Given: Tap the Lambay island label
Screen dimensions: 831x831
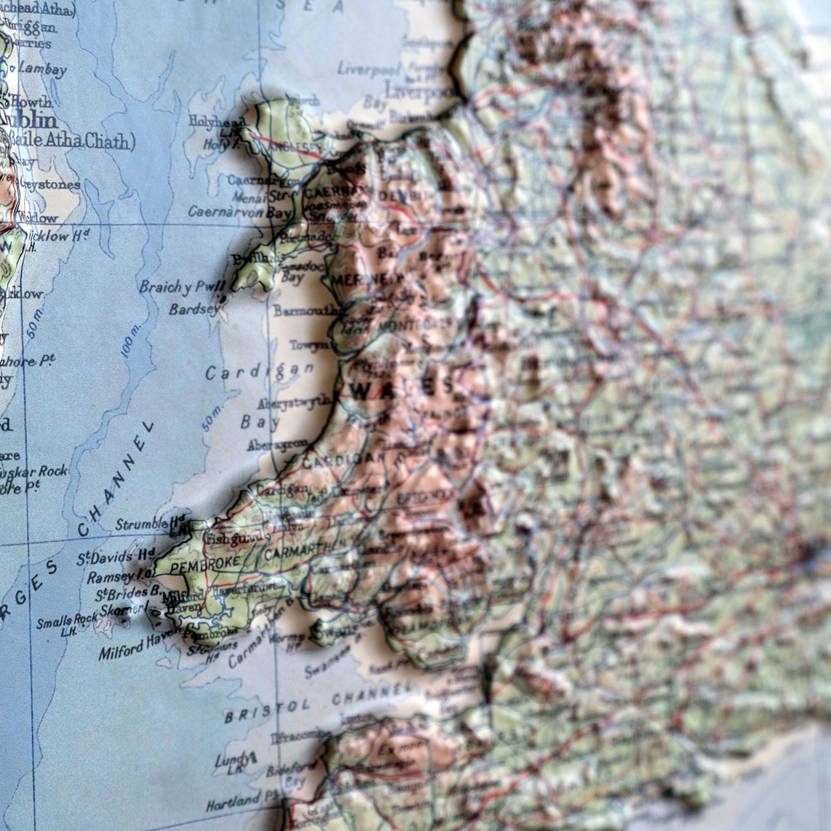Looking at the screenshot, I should pyautogui.click(x=42, y=70).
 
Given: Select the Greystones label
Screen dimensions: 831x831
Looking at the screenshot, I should pyautogui.click(x=49, y=185).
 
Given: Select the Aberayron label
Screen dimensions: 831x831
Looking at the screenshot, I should pyautogui.click(x=278, y=445).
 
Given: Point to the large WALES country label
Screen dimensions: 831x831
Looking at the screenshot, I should pyautogui.click(x=402, y=389).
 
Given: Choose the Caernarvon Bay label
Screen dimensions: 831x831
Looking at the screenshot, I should pyautogui.click(x=239, y=211).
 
